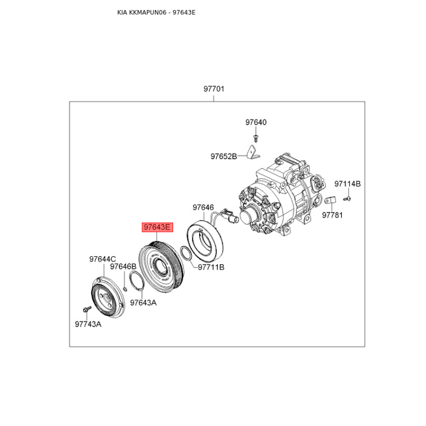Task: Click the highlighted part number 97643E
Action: [x=157, y=227]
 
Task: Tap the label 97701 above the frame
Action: [x=214, y=89]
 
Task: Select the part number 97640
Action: [x=256, y=122]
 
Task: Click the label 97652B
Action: [x=224, y=157]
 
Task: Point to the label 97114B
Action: [x=348, y=184]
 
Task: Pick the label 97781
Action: [x=331, y=215]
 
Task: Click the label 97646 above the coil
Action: [x=203, y=208]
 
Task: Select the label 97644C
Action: [x=102, y=259]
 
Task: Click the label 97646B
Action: [x=123, y=266]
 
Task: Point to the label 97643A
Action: [x=143, y=302]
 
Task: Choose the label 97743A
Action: [x=87, y=323]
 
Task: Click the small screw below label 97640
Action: [x=256, y=137]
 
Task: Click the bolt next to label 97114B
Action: [x=347, y=199]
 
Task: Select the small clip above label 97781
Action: [x=330, y=201]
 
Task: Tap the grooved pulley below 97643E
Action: [x=160, y=268]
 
